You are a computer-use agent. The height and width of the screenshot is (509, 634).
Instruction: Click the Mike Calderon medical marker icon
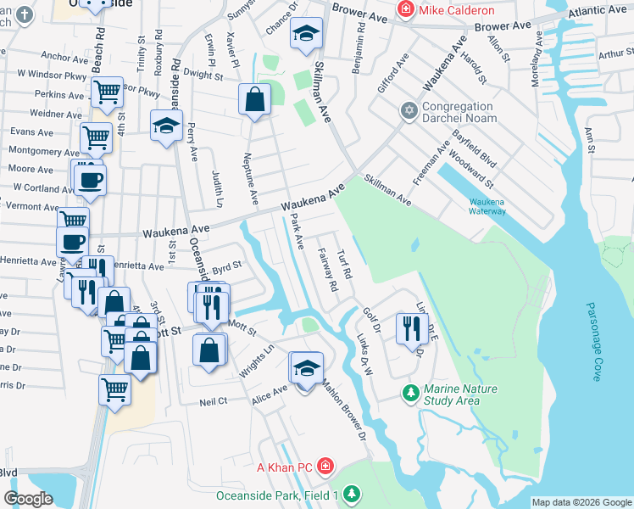(408, 11)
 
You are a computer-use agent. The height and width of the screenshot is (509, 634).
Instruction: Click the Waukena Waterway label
(488, 206)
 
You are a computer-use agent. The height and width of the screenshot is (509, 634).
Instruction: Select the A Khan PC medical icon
(326, 467)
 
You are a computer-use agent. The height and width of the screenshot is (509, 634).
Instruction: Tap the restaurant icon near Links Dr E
(410, 327)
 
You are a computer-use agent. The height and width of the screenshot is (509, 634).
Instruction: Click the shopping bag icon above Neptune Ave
(254, 99)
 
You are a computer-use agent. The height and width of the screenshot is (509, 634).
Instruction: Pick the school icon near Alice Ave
(306, 368)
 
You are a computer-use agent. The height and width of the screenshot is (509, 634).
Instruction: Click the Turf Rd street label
(344, 264)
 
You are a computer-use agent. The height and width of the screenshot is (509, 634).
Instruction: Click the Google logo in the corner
(29, 498)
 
